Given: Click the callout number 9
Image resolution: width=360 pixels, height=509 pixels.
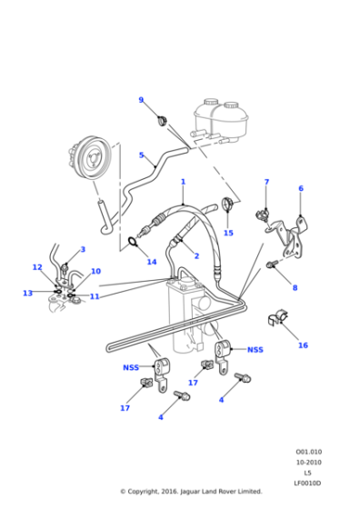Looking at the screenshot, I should pos(141,100).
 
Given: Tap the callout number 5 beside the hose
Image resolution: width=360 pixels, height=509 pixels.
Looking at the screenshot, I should pos(141,155).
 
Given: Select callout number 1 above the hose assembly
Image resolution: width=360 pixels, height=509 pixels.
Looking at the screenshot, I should pos(183,181).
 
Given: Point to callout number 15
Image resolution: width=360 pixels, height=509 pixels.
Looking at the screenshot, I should pos(228,234).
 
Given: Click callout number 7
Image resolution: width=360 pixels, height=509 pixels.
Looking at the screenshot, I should pos(266,183).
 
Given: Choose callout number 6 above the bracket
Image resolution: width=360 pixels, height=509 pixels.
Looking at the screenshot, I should pos(301,189).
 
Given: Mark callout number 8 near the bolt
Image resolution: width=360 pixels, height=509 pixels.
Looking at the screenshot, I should pos(294,288).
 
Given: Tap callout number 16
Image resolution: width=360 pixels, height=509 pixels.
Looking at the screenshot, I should pos(303,345).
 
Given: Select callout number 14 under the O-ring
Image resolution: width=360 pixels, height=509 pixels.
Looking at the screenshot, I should pos(152,263).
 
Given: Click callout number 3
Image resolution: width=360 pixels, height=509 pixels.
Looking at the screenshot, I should pos(83,250).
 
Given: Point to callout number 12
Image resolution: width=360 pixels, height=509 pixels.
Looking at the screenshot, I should pos(37,267).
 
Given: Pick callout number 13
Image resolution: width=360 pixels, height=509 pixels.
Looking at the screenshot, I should pos(27,293).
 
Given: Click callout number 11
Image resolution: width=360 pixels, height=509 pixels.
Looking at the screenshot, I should pos(95,296).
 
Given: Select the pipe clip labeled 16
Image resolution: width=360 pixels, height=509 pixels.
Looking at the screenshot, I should pos(275,320).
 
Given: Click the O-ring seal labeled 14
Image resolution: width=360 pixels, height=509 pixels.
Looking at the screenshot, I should pos(134,243).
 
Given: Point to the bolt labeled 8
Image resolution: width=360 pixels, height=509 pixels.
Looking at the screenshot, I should pos(272,264).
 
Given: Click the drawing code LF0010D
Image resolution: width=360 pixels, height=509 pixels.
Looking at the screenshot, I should pos(308,482).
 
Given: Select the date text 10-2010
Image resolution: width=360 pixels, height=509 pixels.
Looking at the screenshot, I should pos(308,462).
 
